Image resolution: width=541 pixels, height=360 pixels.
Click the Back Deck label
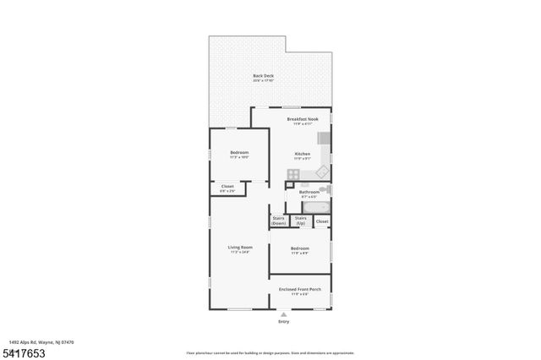click(x=263, y=77)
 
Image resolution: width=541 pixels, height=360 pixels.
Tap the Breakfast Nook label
click(x=302, y=119)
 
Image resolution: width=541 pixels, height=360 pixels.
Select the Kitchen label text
click(x=302, y=154)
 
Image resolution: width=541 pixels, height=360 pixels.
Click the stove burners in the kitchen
click(x=292, y=175)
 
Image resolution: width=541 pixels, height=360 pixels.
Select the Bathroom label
click(x=309, y=193)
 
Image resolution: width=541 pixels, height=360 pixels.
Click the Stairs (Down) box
click(x=279, y=221)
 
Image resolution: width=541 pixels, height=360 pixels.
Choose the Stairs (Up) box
click(x=300, y=221)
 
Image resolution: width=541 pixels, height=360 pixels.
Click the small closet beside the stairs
click(x=321, y=221)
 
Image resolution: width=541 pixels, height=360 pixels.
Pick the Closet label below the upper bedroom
click(x=227, y=187)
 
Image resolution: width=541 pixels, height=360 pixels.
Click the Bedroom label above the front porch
click(x=301, y=248)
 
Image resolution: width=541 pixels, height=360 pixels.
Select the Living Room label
click(x=240, y=248)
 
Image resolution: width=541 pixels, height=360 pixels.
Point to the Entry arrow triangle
click(x=283, y=314)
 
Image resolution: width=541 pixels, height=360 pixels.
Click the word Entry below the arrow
click(x=283, y=322)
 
